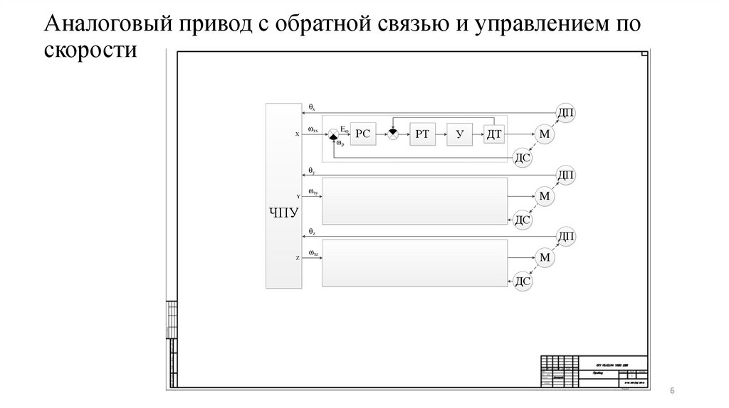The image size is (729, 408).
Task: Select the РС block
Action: coord(364,134)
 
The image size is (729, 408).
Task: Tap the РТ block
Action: coord(423,134)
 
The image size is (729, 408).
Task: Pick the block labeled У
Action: coord(460,134)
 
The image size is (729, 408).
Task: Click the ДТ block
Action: coord(493,134)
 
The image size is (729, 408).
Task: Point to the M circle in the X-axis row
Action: coord(545,134)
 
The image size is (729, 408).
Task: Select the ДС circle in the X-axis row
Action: coord(523,158)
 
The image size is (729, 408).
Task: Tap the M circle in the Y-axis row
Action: coord(545,196)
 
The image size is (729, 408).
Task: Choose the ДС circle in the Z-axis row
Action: coord(523,281)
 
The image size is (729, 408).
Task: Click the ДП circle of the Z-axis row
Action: coord(566,237)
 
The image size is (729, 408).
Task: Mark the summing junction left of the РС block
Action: coord(332,134)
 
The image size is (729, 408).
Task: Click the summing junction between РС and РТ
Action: coord(392,134)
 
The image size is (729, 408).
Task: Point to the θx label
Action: coord(311,108)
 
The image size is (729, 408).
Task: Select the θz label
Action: coord(312,232)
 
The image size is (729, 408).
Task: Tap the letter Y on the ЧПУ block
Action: coord(298,195)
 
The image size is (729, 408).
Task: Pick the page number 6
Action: coord(673,393)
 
